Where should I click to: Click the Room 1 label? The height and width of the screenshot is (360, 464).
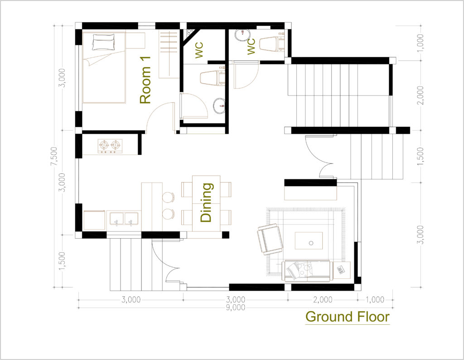click(x=145, y=80)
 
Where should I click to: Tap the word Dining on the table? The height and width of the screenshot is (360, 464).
click(x=206, y=202)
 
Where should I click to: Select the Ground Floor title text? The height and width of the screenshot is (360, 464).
click(x=348, y=317)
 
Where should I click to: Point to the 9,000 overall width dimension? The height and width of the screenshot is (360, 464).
click(x=236, y=307)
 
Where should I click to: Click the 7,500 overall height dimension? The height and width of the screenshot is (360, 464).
click(x=54, y=156)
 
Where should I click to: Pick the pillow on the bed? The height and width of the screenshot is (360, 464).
click(x=103, y=42)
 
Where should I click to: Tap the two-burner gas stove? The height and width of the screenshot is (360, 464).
click(x=110, y=146)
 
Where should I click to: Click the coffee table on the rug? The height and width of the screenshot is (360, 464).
click(x=309, y=240)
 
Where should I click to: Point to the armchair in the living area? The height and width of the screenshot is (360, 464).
click(x=270, y=239)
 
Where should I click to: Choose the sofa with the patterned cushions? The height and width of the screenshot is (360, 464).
click(x=306, y=271)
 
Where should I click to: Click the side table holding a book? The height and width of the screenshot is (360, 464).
click(x=341, y=270)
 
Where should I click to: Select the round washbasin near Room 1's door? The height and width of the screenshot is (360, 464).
click(x=219, y=106)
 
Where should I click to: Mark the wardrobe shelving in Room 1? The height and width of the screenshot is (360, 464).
click(x=169, y=54)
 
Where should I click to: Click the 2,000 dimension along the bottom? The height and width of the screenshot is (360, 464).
click(x=323, y=300)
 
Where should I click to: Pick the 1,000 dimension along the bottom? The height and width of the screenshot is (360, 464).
click(x=375, y=300)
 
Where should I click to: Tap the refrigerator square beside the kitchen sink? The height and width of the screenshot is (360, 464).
click(x=94, y=220)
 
